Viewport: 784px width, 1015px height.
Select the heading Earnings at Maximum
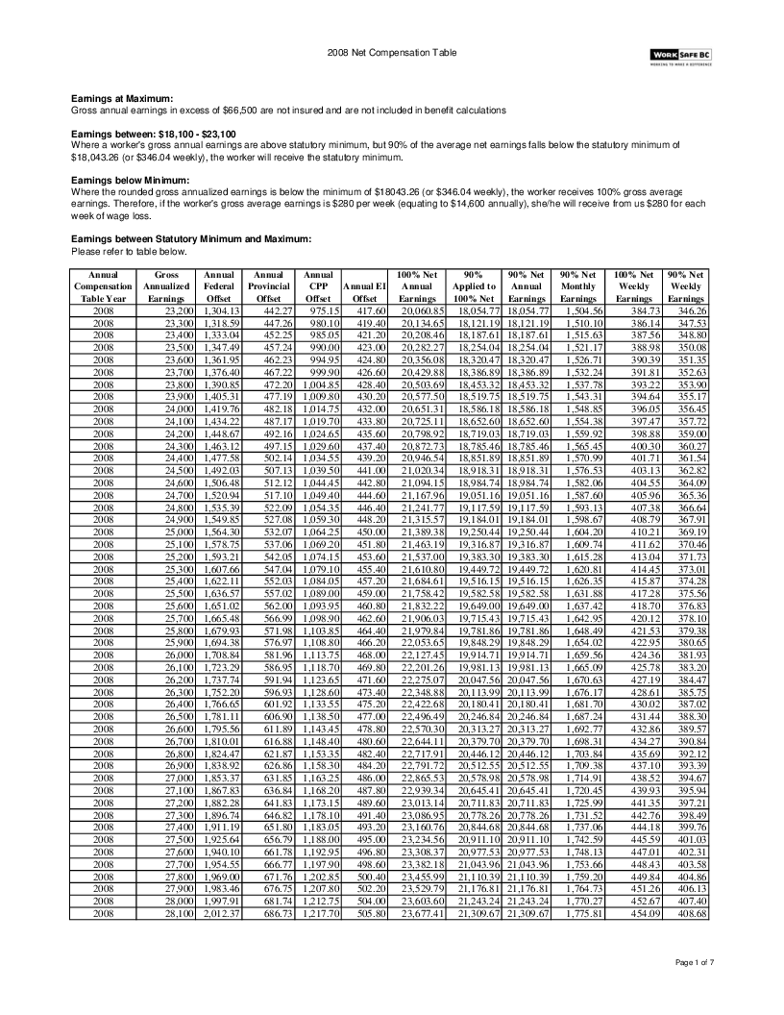123,99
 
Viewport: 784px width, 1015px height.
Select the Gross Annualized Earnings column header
166,285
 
